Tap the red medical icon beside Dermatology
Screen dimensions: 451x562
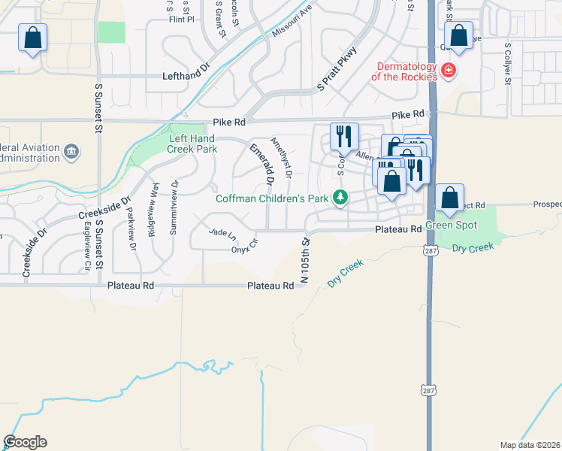[449, 71]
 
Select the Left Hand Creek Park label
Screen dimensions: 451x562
[193, 144]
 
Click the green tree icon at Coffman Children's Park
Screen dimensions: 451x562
[342, 198]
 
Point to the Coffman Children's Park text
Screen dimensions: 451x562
[273, 198]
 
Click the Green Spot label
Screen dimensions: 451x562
[450, 225]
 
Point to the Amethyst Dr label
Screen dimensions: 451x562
[281, 158]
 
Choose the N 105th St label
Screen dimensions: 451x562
[305, 260]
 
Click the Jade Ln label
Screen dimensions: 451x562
[222, 234]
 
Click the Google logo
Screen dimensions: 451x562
[25, 442]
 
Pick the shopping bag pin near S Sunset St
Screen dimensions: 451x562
[32, 38]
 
